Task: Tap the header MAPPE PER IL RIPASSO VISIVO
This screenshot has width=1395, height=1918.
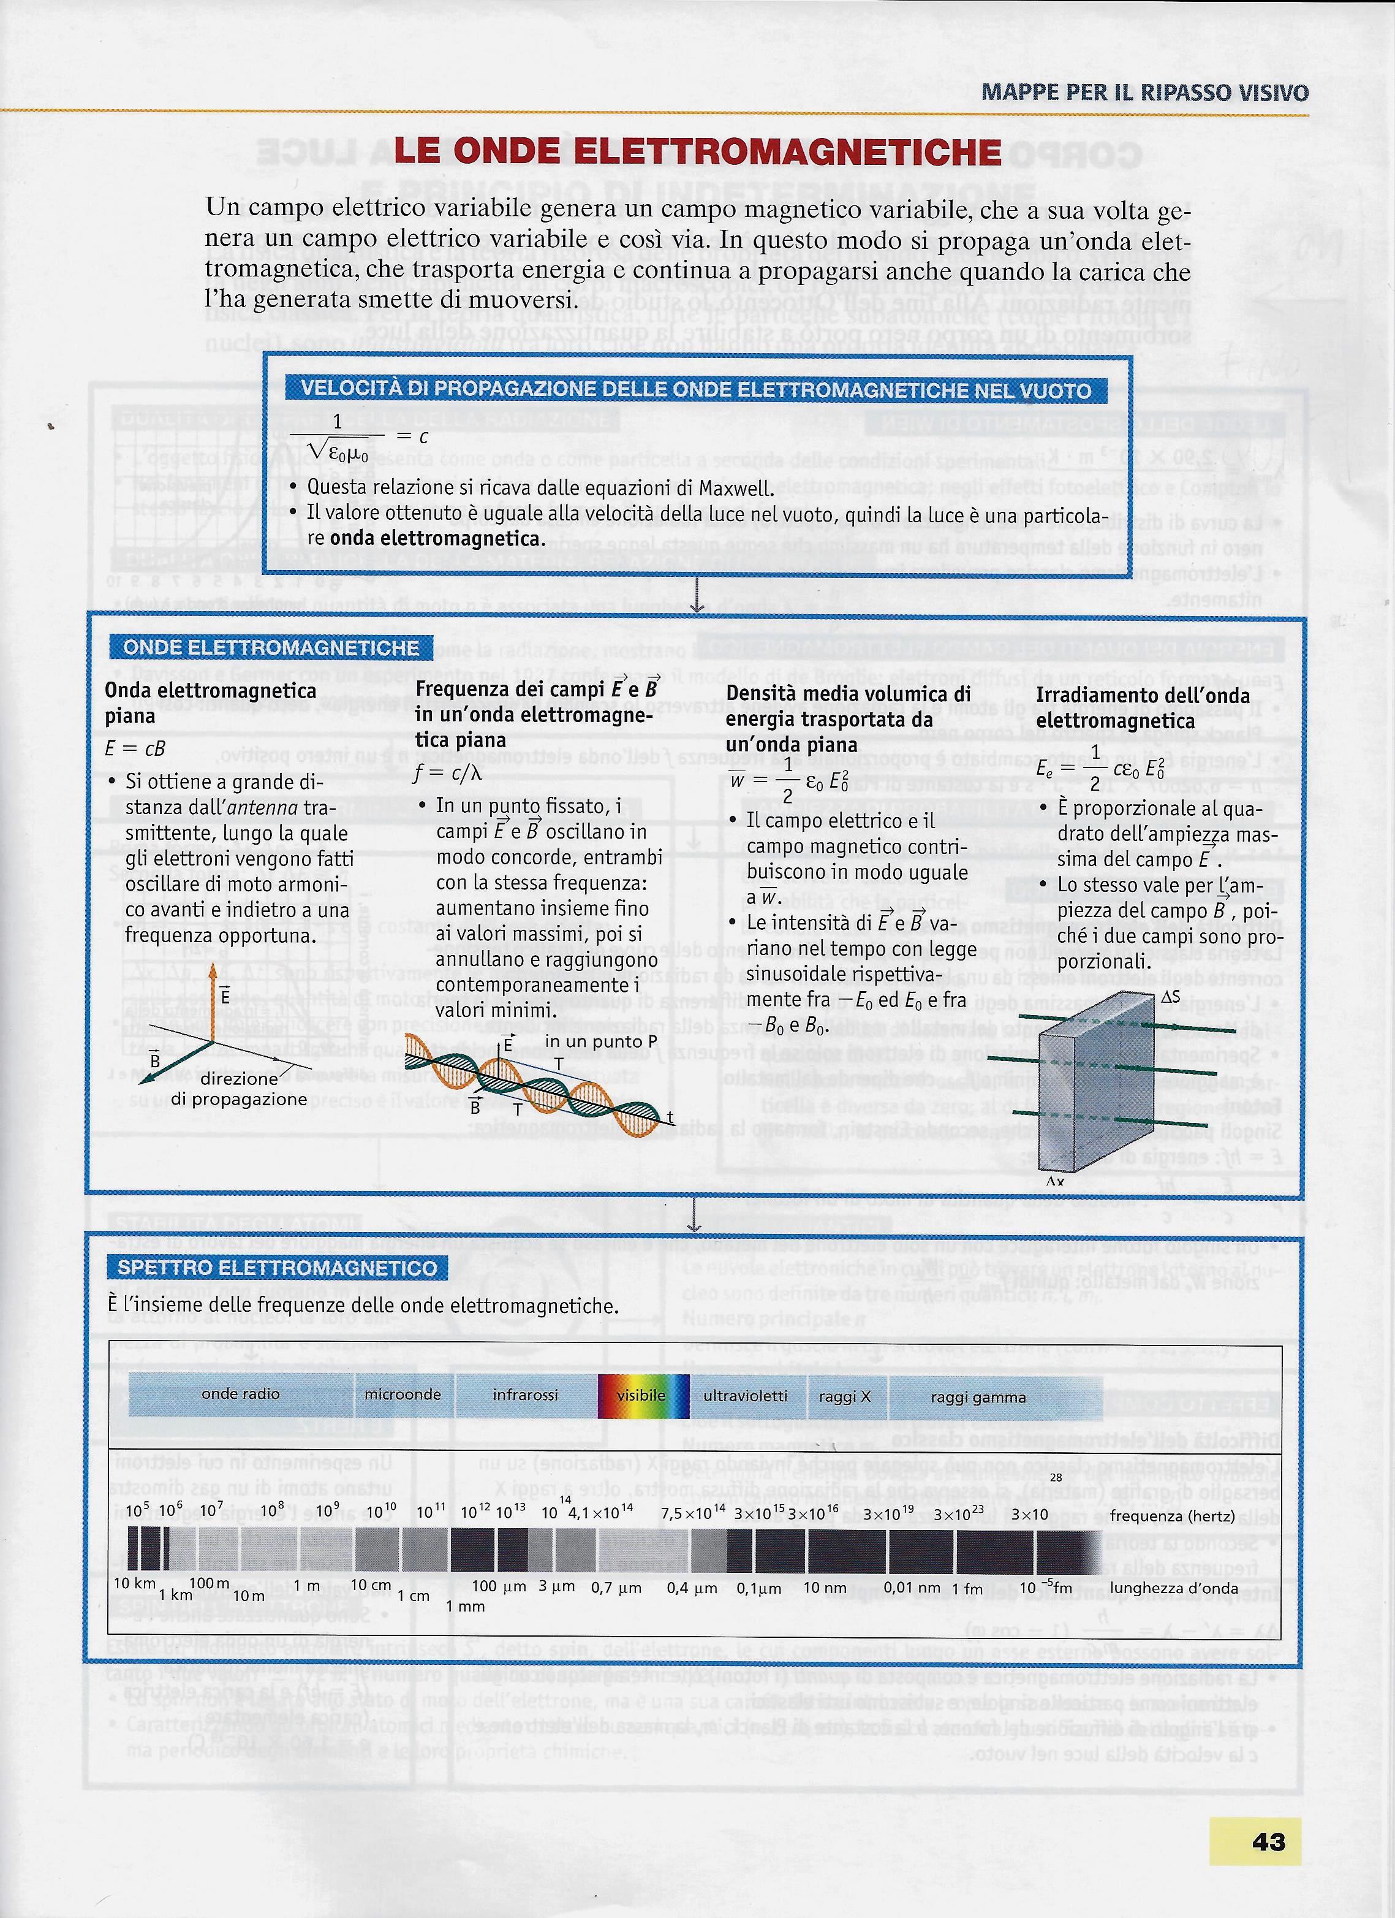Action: [1145, 92]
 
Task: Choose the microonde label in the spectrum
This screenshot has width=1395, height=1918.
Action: [403, 1395]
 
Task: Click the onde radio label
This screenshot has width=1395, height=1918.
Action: [241, 1394]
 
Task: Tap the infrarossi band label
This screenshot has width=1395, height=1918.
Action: [525, 1395]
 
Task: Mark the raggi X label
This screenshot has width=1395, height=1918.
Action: [845, 1397]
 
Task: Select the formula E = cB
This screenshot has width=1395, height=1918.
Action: [135, 748]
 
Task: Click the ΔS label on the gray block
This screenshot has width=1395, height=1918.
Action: [1171, 998]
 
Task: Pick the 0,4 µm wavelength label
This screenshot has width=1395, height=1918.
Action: [692, 1588]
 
